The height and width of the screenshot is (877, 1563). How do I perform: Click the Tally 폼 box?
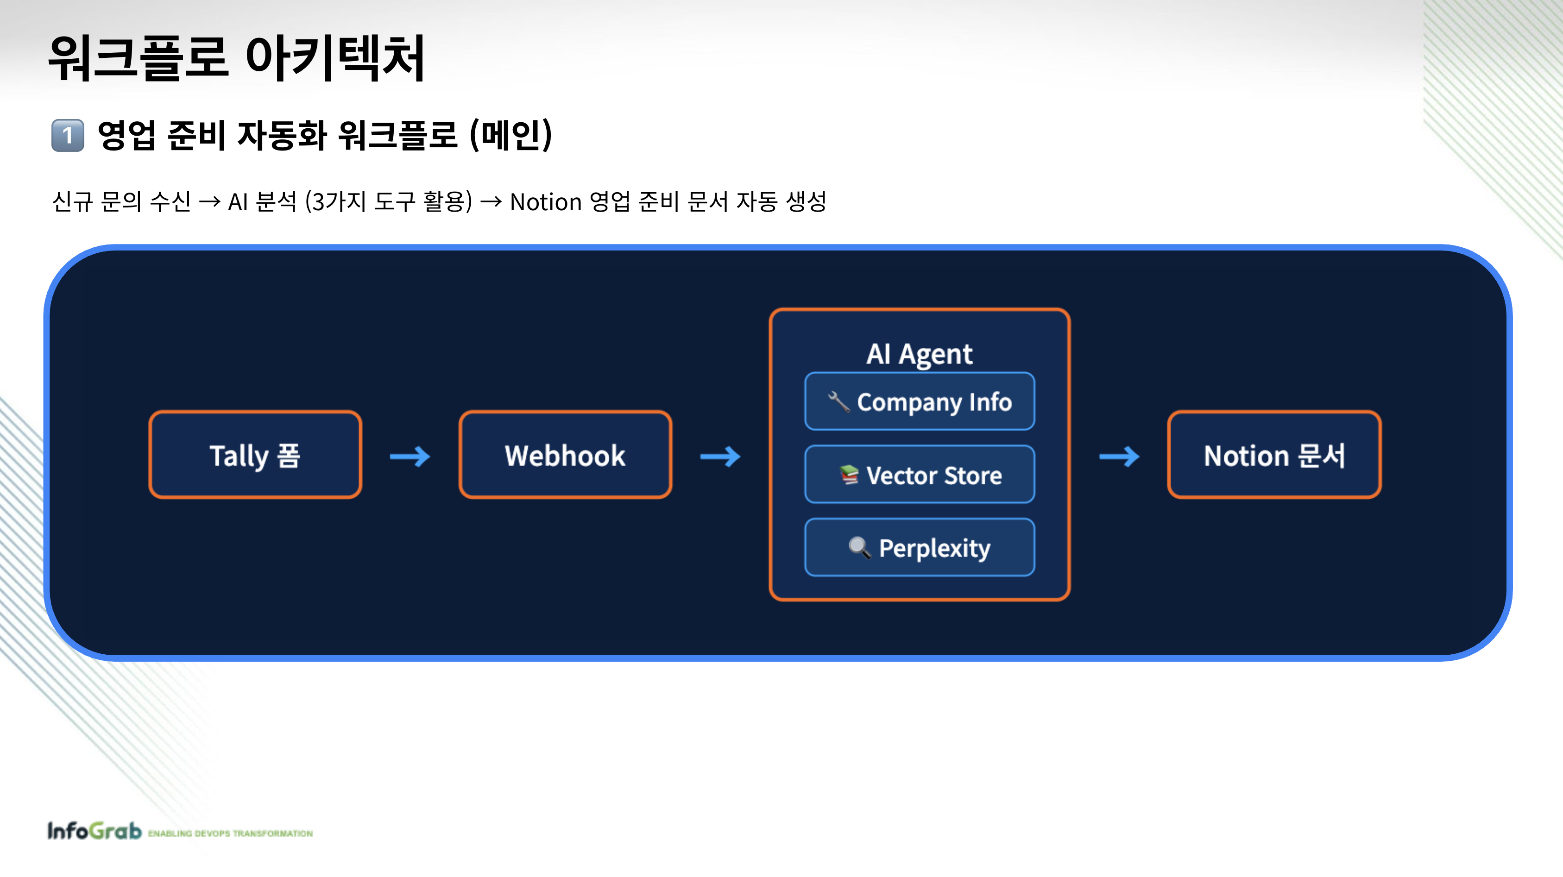coord(255,455)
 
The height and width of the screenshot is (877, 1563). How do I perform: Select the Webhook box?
coord(565,455)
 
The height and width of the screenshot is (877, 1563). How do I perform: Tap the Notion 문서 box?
coord(1273,455)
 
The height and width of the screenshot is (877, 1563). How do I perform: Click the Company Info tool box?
coord(919,401)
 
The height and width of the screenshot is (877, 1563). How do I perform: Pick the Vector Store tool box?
coord(919,475)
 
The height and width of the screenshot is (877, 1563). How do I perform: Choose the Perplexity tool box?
coord(919,548)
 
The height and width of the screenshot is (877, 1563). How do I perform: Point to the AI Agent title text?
coord(919,354)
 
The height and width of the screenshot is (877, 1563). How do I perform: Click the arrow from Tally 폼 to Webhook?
coord(410,456)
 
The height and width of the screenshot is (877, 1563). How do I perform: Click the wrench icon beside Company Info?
coord(839,401)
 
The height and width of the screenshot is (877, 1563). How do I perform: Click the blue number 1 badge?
coord(67,135)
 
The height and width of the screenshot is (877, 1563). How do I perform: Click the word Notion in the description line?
coord(545,202)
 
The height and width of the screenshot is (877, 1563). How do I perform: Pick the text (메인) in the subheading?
coord(511,135)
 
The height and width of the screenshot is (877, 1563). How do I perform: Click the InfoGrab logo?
coord(94,831)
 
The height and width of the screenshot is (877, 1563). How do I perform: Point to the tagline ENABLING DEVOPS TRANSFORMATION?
coord(231,833)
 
